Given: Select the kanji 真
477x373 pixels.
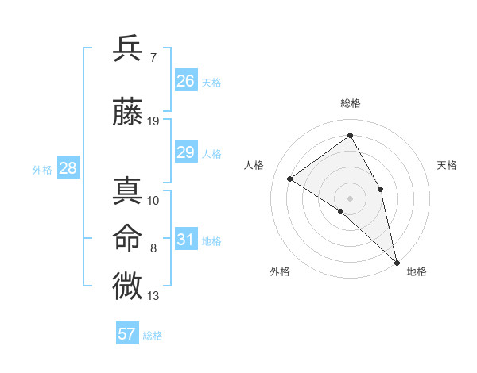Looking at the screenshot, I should pos(128,191).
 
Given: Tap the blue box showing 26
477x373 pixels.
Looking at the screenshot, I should pos(186,81).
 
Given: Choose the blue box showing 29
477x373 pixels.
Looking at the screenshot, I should pos(186,152).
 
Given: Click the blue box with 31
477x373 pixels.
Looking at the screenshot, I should pos(186,240).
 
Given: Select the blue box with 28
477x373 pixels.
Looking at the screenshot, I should pos(68,168).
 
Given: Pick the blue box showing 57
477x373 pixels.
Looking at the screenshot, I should pos(127,334).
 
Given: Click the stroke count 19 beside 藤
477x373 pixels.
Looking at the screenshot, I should pos(153,121).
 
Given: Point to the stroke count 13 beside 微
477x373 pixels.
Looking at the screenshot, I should pos(153,296).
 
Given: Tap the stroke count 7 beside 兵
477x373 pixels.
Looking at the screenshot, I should pos(153,57).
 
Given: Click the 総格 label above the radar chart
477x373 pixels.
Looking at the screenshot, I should pos(351,103).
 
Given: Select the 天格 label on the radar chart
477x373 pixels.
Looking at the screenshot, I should pos(447,165).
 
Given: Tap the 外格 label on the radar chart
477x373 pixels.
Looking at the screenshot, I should pos(280,271).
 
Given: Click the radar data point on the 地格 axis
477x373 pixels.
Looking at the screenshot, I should pos(396,262).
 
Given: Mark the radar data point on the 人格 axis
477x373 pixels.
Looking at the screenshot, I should pos(290,179).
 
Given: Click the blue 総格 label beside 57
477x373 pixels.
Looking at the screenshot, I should pos(153,336).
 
